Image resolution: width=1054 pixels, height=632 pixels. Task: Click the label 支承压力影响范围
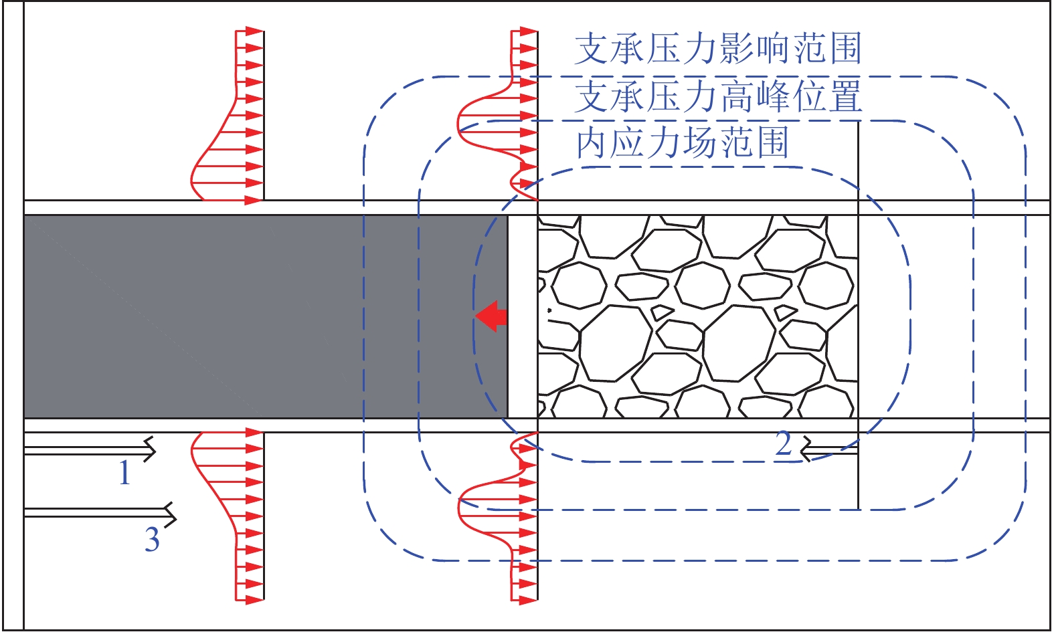coord(719,48)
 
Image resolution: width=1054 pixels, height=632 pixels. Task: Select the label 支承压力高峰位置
coord(719,96)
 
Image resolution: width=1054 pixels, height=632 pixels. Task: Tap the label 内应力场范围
coord(683,143)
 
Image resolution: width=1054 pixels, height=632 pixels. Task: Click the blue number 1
coord(124,472)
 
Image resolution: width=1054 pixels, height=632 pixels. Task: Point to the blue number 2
coord(784,443)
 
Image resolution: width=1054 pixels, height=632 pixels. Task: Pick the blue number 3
coord(152,539)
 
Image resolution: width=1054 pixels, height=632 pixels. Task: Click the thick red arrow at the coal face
coord(491,316)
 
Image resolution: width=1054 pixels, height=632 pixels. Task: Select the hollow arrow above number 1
coord(90,450)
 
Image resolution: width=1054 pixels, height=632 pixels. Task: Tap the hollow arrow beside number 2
coord(828,449)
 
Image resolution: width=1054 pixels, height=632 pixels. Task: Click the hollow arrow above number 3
coord(100,514)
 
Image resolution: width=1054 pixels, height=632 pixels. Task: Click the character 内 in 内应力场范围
coord(593,143)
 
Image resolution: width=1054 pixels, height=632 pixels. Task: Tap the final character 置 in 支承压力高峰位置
coord(845,96)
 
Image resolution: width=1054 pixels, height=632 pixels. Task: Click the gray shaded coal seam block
coord(266,316)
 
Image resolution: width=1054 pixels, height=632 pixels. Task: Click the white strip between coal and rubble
coord(523,316)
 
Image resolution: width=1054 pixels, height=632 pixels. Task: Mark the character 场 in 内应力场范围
coord(700,143)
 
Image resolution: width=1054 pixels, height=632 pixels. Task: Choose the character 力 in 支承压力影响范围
coord(701,48)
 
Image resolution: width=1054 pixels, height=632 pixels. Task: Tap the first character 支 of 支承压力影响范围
coord(592,48)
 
